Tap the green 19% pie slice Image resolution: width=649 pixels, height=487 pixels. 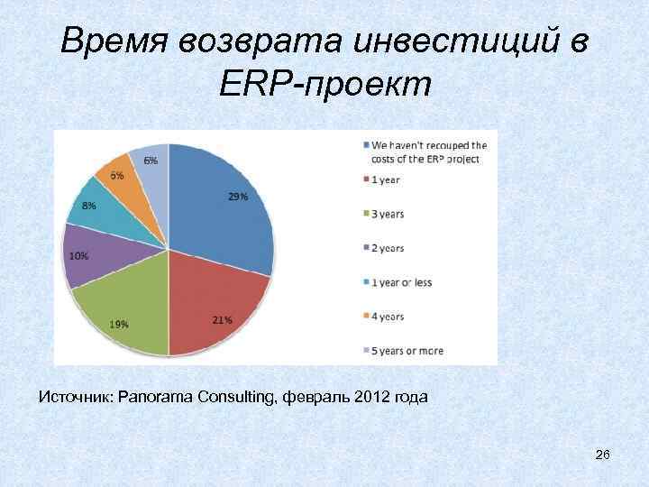pyautogui.click(x=126, y=311)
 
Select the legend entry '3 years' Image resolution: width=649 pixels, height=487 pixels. pyautogui.click(x=388, y=214)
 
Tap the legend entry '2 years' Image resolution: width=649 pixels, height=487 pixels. pyautogui.click(x=388, y=248)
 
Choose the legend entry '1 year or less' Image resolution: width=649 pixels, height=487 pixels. pyautogui.click(x=401, y=282)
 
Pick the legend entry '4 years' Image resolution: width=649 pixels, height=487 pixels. pyautogui.click(x=388, y=317)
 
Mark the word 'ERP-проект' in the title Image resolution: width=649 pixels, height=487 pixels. pyautogui.click(x=324, y=85)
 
